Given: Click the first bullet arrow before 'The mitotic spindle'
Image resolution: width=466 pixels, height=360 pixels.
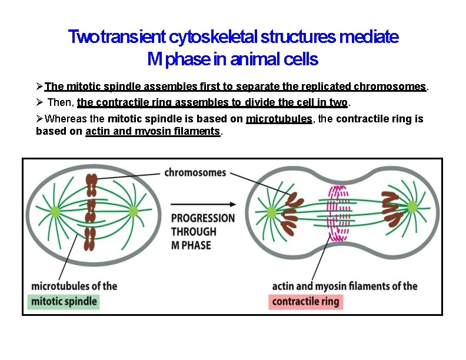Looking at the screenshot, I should [40, 87].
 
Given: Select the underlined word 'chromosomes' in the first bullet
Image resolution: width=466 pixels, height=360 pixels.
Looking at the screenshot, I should [390, 87].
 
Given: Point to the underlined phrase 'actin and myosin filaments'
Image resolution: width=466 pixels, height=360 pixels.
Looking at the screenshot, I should [152, 131].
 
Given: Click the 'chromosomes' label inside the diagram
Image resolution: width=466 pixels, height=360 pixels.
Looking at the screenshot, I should [195, 172].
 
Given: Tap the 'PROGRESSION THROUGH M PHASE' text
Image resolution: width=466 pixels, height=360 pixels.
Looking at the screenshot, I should [202, 231].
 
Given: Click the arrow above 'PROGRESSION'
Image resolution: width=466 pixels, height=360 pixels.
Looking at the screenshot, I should [203, 204].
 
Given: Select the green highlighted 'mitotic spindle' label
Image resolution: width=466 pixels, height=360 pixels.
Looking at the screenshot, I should [64, 302].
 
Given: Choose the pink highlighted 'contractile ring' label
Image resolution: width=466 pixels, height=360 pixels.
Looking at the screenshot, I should [306, 302].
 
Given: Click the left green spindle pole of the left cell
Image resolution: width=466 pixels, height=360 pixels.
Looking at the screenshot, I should [55, 211].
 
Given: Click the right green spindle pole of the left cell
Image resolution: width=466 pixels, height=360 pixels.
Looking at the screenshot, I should [133, 211].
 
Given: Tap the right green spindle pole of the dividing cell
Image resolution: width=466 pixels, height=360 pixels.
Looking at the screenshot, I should [412, 206].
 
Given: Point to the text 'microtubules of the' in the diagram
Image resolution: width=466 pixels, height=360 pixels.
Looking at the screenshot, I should [74, 286].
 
